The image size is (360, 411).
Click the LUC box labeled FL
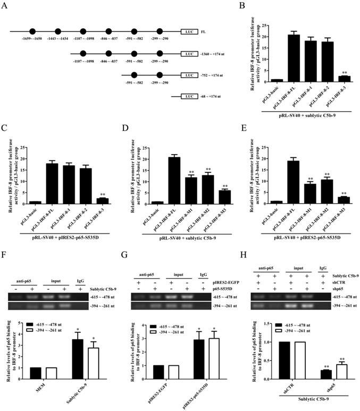(188, 32)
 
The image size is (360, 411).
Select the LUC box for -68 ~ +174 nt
(188, 97)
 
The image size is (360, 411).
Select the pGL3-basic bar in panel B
(277, 80)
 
